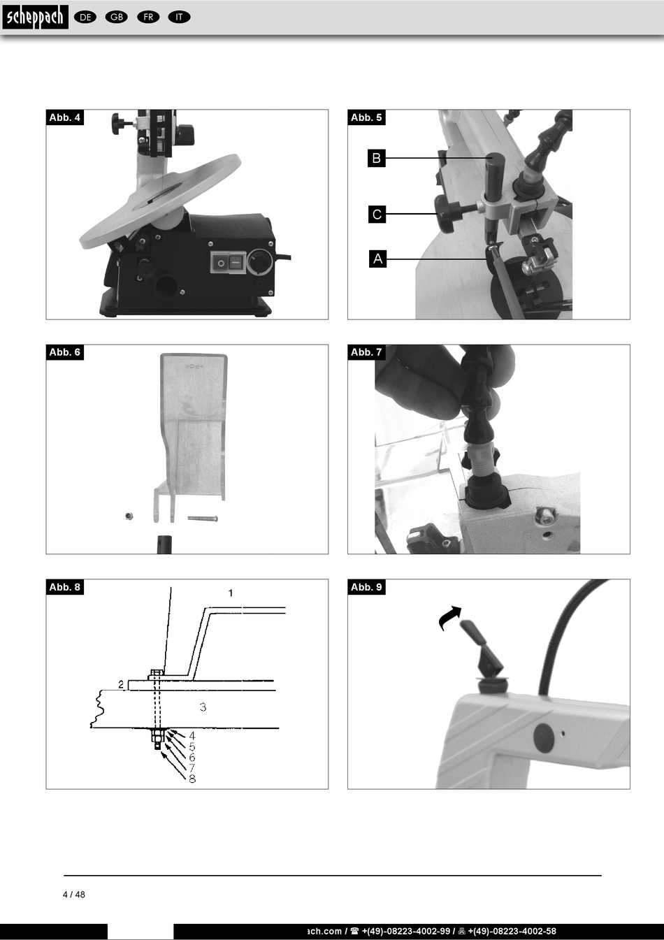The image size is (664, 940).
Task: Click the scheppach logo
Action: click(x=35, y=17)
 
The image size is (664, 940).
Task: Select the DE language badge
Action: click(x=85, y=17)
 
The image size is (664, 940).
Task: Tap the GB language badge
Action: click(x=117, y=17)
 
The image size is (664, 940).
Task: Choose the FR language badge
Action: click(x=148, y=17)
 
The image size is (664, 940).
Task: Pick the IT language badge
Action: click(x=180, y=17)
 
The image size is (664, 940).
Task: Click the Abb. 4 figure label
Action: click(x=64, y=117)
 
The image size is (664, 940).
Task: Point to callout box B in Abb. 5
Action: click(x=377, y=158)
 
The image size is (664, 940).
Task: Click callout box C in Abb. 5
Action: click(x=377, y=214)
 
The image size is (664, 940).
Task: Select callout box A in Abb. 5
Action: click(x=378, y=259)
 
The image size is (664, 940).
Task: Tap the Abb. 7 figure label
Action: click(x=366, y=352)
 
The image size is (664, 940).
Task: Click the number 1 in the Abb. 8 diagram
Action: click(x=231, y=593)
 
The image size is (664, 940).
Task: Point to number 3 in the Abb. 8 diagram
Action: click(x=203, y=707)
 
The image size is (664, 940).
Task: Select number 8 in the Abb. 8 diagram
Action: click(x=192, y=779)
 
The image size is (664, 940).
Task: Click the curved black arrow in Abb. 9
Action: click(x=449, y=616)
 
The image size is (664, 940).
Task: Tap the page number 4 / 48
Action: click(x=74, y=895)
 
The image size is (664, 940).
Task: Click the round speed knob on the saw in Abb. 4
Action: click(x=260, y=262)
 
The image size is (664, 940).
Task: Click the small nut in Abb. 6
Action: click(x=129, y=516)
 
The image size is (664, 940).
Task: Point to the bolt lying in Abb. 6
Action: click(x=203, y=519)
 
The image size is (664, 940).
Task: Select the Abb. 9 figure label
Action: click(x=366, y=587)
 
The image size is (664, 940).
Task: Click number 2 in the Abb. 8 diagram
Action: click(x=121, y=684)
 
